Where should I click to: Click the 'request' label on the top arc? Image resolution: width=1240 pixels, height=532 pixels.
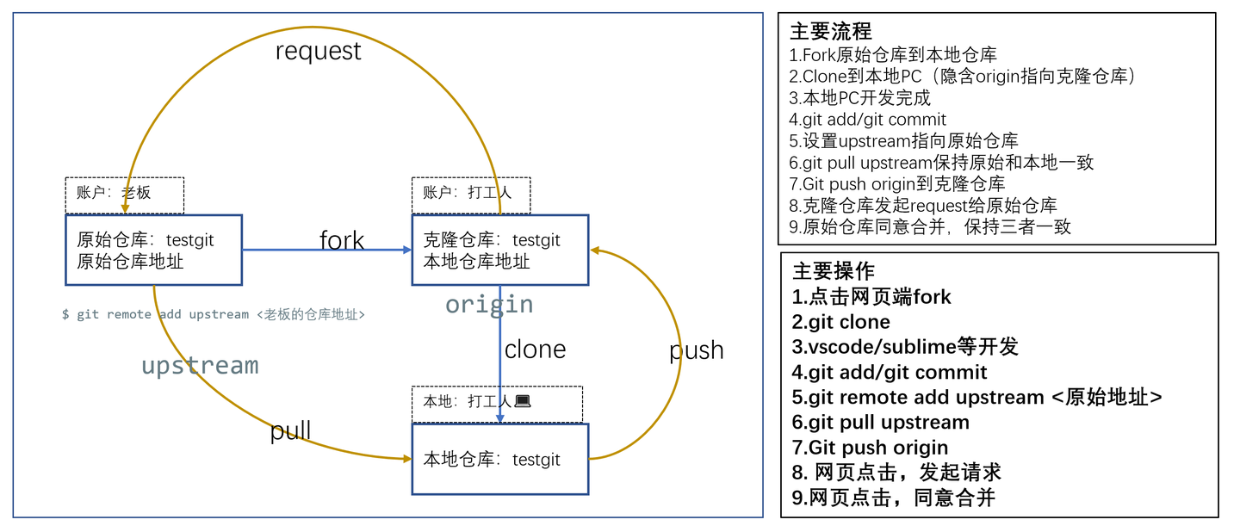[318, 52]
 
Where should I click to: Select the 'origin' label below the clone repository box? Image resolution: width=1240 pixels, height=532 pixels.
[488, 304]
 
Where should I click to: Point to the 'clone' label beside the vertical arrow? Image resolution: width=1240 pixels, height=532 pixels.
[535, 350]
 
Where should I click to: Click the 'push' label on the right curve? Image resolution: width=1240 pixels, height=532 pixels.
[696, 350]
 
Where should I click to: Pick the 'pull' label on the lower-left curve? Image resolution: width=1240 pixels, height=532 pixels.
[290, 430]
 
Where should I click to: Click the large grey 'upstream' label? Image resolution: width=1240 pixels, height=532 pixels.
[200, 365]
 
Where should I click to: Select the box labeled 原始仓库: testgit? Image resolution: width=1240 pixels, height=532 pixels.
[153, 250]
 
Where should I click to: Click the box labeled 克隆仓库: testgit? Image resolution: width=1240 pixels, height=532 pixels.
[500, 250]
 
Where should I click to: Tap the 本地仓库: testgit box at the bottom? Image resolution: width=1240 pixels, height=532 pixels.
[499, 459]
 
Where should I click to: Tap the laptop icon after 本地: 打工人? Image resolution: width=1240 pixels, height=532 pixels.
[522, 401]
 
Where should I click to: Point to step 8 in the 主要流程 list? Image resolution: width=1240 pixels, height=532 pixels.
[923, 205]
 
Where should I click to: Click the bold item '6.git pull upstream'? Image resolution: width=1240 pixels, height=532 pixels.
[881, 423]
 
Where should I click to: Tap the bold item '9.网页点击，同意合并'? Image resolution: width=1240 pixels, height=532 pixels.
[894, 498]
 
